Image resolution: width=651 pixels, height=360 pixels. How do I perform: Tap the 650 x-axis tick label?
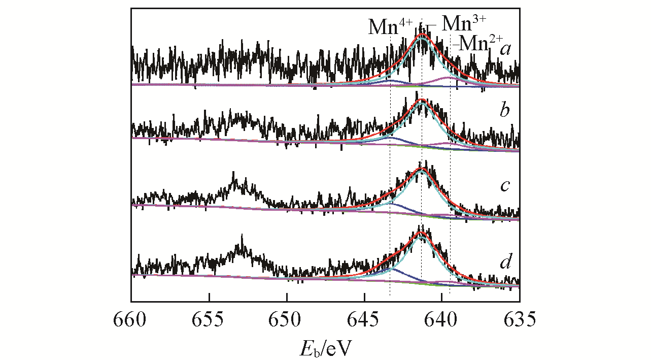pos(287,320)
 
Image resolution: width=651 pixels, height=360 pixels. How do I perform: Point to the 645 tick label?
pos(364,320)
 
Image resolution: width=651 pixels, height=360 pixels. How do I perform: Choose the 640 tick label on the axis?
pos(442,320)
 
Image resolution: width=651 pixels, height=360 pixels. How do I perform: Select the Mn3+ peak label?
pos(464,22)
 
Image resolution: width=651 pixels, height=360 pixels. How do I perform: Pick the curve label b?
pos(504,111)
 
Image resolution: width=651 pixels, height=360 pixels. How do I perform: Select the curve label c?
pos(504,185)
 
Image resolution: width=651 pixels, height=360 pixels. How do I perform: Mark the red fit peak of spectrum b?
pos(421,100)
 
